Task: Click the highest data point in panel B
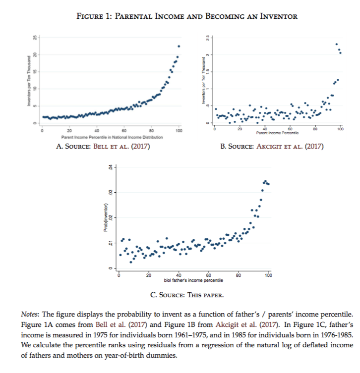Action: point(337,44)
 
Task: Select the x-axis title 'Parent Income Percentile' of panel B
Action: point(276,133)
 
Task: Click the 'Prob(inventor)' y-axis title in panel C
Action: point(105,217)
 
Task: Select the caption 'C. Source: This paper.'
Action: point(187,295)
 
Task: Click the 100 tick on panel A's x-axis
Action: point(179,130)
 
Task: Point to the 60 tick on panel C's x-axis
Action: point(208,275)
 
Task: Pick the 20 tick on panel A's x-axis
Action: point(69,130)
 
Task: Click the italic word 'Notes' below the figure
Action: point(30,315)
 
